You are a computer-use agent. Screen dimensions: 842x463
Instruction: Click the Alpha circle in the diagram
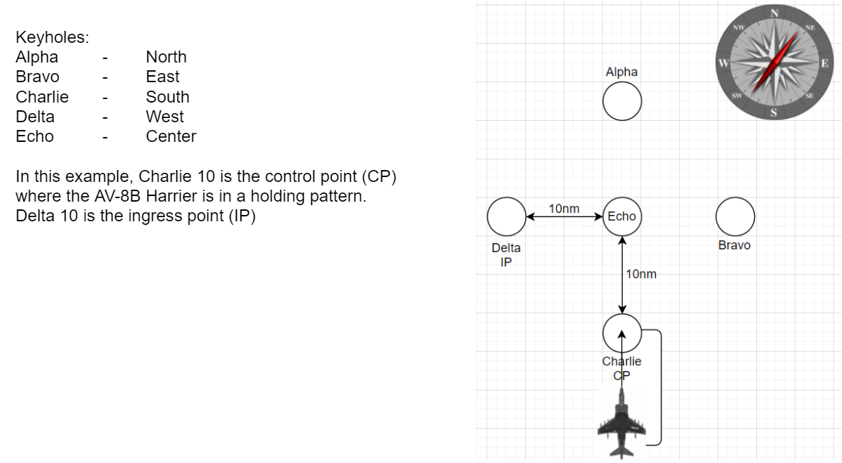pyautogui.click(x=621, y=101)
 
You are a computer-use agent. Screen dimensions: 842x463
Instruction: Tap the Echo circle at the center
pyautogui.click(x=622, y=216)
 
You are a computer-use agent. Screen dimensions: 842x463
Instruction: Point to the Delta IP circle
pyautogui.click(x=506, y=216)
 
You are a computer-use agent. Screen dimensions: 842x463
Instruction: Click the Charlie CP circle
pyautogui.click(x=622, y=332)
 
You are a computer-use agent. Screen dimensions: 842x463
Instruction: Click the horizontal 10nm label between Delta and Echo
pyautogui.click(x=564, y=209)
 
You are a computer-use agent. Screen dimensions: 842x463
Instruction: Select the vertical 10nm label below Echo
pyautogui.click(x=641, y=274)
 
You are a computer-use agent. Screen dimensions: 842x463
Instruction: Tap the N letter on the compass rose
pyautogui.click(x=775, y=13)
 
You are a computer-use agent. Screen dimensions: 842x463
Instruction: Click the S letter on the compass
pyautogui.click(x=774, y=112)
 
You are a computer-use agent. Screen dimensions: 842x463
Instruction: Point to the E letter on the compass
pyautogui.click(x=824, y=63)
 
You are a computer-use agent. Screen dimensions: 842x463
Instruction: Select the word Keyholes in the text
pyautogui.click(x=52, y=37)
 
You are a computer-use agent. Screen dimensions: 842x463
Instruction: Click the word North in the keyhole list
pyautogui.click(x=166, y=57)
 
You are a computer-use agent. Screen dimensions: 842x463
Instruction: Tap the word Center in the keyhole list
pyautogui.click(x=171, y=136)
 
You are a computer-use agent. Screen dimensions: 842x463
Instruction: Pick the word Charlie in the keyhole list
pyautogui.click(x=42, y=97)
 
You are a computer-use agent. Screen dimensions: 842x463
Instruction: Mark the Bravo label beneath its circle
pyautogui.click(x=734, y=245)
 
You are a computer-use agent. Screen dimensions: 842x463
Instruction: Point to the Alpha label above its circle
pyautogui.click(x=621, y=72)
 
